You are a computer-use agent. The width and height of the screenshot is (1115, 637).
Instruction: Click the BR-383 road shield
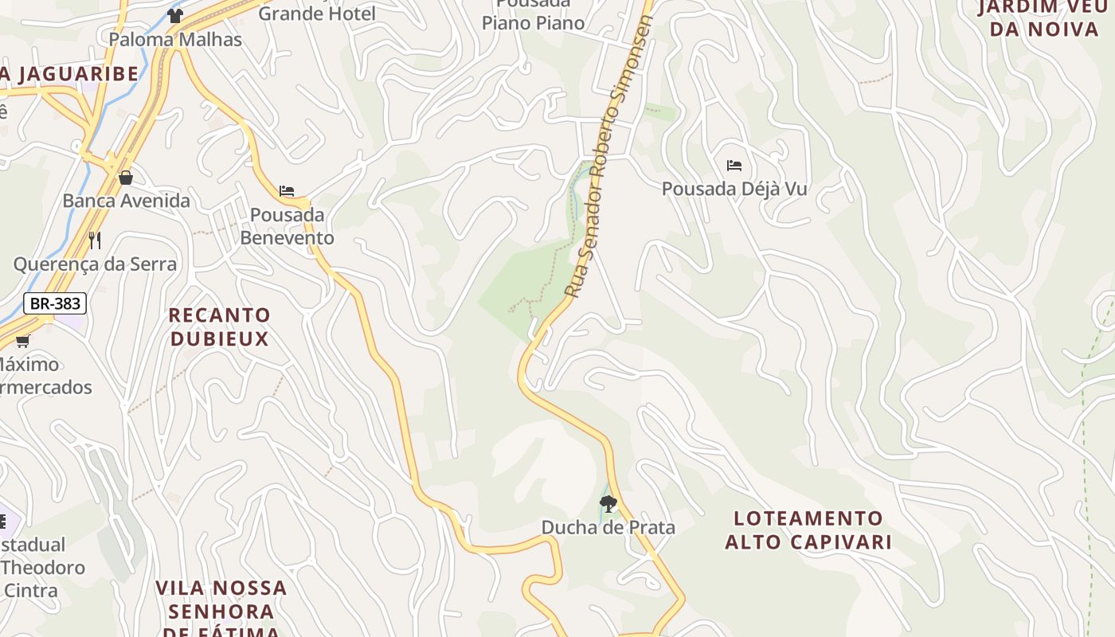54,303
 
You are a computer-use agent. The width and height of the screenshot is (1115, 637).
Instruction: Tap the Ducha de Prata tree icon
608,504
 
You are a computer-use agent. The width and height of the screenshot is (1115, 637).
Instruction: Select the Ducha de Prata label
608,527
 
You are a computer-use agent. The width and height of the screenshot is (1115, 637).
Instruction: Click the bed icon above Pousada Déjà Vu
734,166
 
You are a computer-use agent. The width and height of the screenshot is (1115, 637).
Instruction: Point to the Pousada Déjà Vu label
734,190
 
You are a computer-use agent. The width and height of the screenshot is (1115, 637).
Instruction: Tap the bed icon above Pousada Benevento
287,191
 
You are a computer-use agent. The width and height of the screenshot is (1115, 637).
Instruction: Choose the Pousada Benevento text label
287,226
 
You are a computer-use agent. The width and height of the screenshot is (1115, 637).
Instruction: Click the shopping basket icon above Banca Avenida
125,178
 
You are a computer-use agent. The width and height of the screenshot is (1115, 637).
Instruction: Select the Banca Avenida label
126,201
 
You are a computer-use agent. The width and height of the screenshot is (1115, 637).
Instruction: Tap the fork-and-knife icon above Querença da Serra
95,240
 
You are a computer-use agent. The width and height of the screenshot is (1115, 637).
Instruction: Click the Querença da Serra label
95,264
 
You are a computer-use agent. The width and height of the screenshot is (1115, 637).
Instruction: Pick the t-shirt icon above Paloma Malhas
175,15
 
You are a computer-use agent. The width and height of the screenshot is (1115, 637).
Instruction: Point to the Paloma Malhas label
175,39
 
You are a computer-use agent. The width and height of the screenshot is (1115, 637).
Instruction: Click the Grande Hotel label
317,14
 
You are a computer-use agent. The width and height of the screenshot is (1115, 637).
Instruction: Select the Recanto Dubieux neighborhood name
219,327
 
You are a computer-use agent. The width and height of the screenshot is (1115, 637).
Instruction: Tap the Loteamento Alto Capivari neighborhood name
808,530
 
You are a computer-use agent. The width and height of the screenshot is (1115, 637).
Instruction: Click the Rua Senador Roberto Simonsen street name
608,158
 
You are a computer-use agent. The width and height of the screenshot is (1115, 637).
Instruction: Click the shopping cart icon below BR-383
22,342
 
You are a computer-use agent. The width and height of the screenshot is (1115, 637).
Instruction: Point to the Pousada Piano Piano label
533,14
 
